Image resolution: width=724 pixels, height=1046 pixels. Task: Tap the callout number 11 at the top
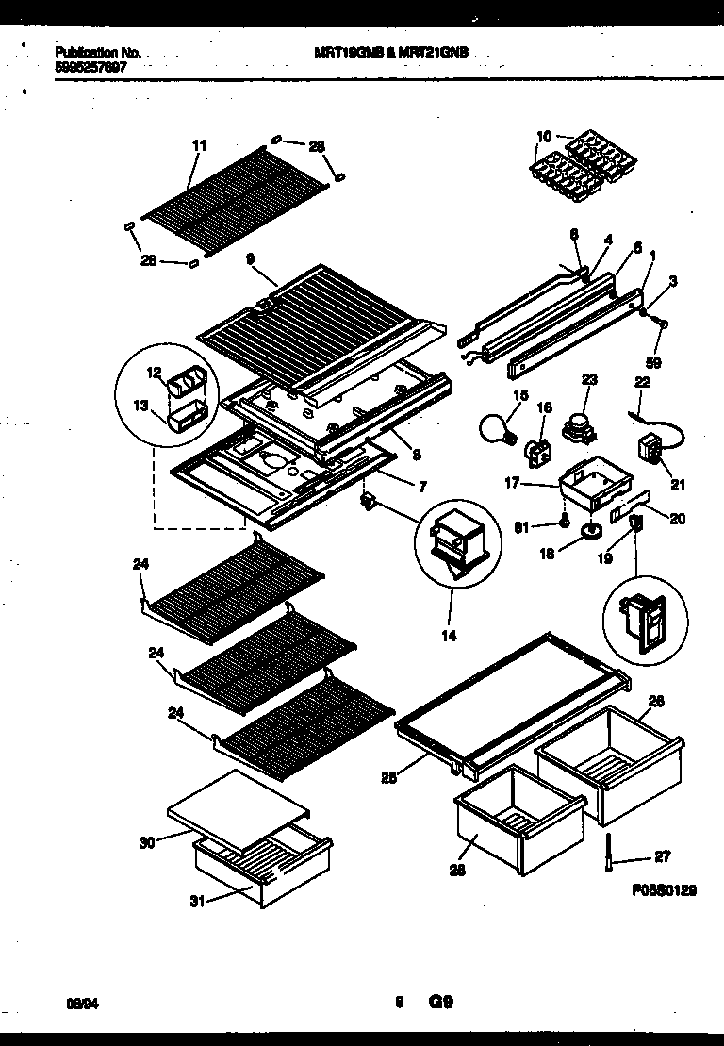(198, 145)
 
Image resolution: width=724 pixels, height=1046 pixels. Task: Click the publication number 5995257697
(91, 67)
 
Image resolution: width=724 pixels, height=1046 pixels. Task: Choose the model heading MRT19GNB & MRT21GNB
(390, 54)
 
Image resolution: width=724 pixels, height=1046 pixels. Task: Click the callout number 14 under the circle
(448, 636)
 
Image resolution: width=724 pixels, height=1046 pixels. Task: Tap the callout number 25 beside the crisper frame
(388, 778)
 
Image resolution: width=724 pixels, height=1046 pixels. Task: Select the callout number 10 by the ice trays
(544, 136)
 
